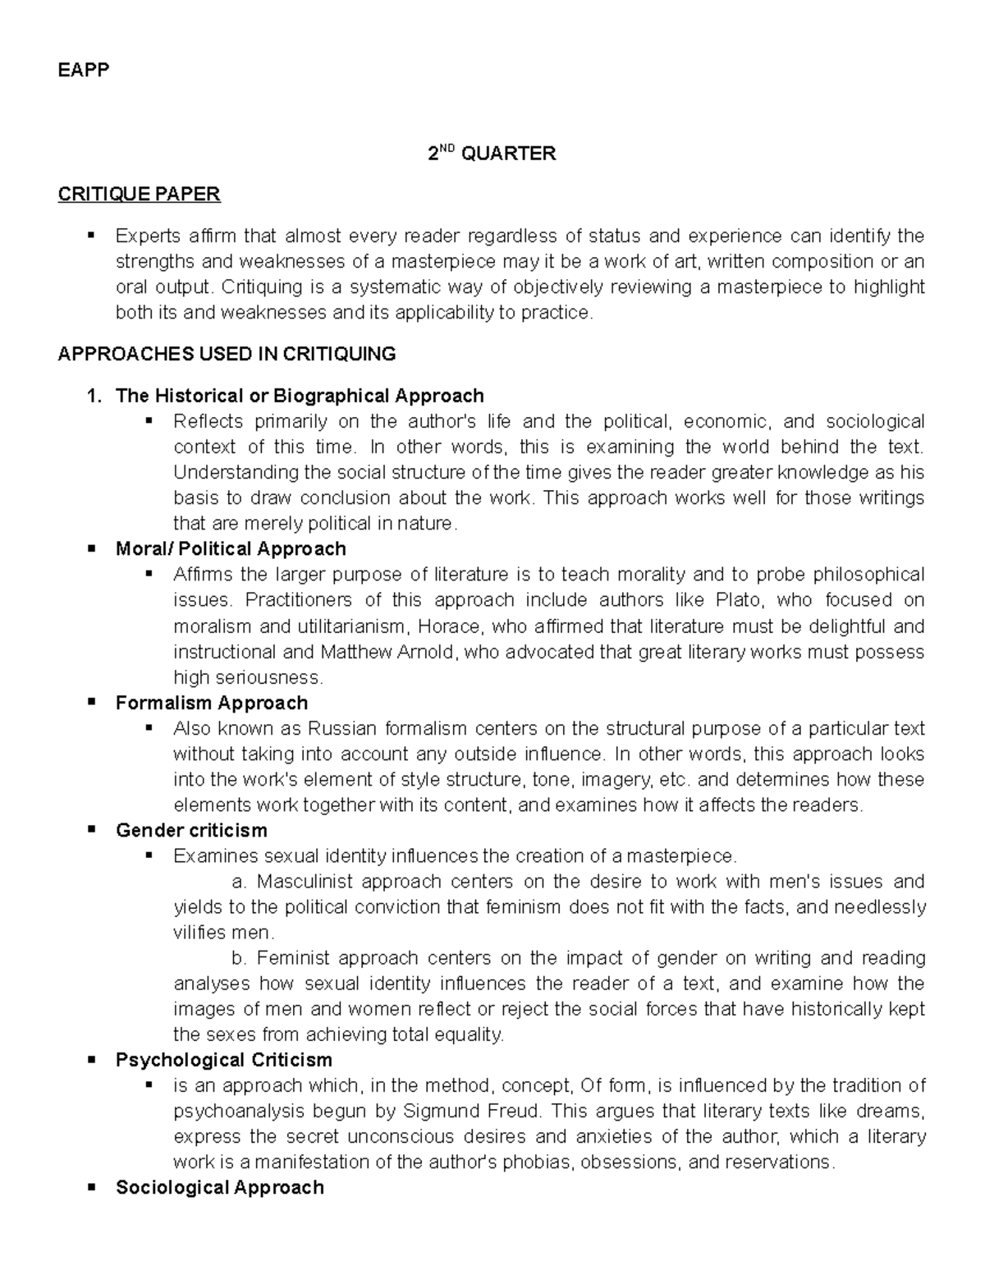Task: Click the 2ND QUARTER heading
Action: point(492,154)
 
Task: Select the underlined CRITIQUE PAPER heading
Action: point(139,195)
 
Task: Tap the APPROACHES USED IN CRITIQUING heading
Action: point(227,354)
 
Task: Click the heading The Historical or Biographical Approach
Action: point(300,396)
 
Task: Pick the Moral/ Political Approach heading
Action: point(231,548)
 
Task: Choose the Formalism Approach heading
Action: point(212,703)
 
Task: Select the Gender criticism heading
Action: point(191,830)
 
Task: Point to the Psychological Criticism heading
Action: point(224,1059)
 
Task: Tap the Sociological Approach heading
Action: point(220,1187)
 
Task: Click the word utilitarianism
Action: point(346,626)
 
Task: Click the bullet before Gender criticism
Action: point(91,829)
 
